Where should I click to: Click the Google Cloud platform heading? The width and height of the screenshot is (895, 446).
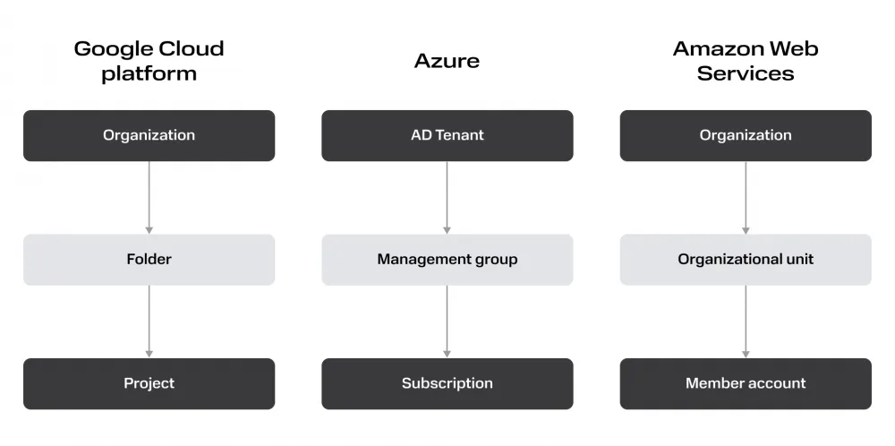pos(149,61)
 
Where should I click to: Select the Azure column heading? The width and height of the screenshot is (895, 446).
pos(447,61)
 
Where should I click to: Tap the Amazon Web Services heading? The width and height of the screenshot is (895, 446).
pos(746,61)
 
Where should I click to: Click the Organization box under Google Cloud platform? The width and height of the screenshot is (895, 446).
pos(149,135)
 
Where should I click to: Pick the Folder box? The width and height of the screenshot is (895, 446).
pos(149,260)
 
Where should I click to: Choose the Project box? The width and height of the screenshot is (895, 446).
pos(149,383)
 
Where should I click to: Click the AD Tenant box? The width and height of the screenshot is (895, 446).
pos(447,135)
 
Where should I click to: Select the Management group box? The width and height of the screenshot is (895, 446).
pos(447,260)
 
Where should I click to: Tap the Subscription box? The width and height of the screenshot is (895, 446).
pos(447,383)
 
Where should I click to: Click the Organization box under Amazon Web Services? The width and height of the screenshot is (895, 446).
pos(746,135)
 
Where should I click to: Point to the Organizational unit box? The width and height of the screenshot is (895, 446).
pos(746,260)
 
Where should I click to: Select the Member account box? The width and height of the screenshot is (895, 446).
pos(746,383)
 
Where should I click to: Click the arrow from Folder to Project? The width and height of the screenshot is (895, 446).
pos(149,322)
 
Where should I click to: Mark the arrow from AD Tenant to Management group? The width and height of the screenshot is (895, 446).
pos(447,198)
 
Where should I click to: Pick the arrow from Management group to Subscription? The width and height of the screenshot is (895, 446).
pos(447,322)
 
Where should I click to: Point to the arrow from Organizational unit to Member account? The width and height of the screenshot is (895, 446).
pos(746,322)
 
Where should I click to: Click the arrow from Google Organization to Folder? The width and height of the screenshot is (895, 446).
pos(149,198)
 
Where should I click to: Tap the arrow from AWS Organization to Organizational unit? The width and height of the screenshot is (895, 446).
pos(746,198)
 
